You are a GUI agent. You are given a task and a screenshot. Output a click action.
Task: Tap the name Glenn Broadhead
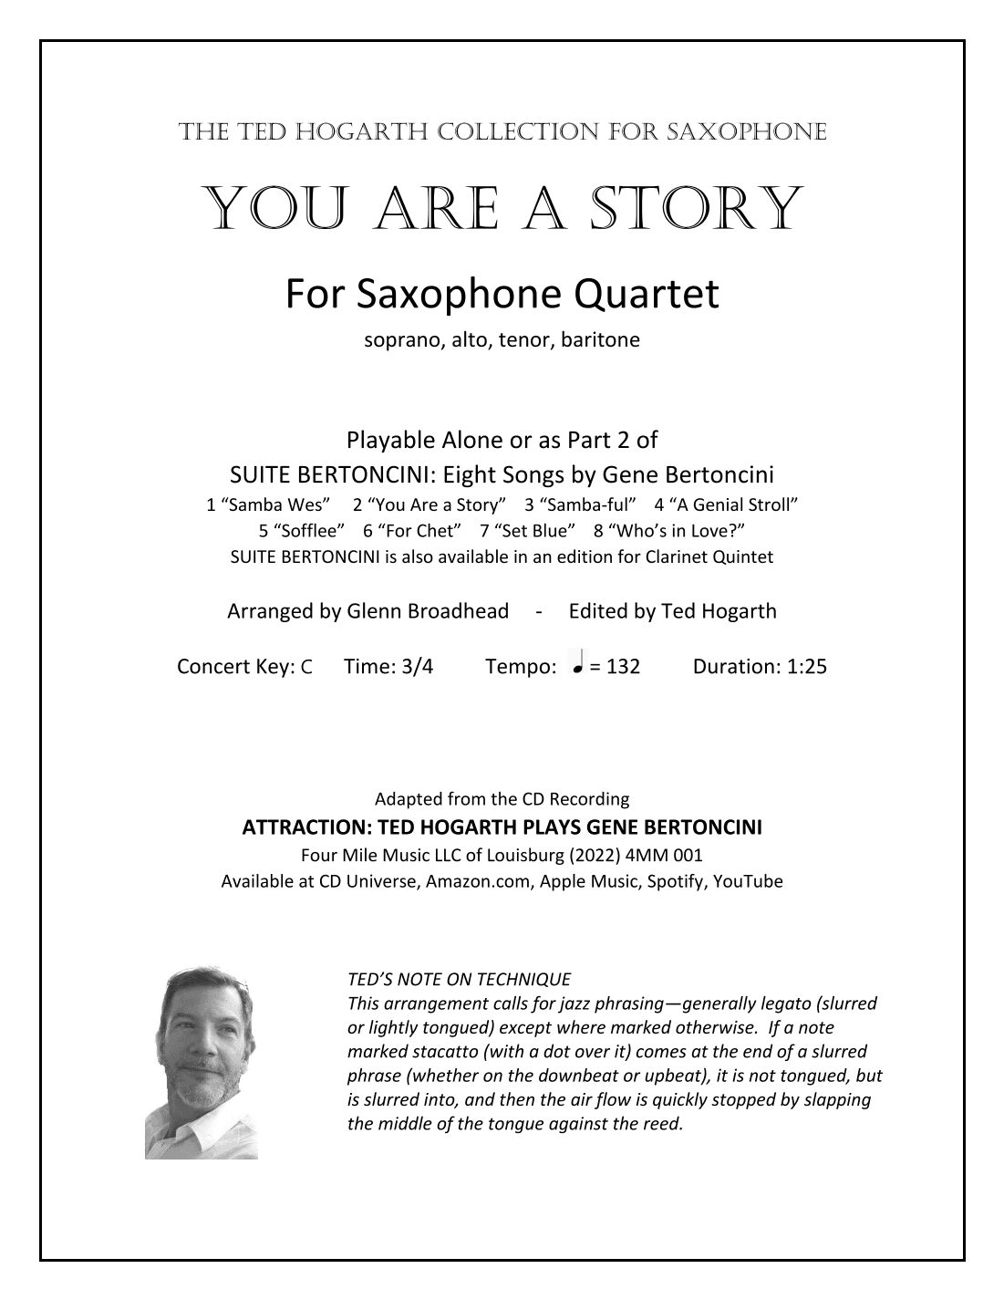coord(428,611)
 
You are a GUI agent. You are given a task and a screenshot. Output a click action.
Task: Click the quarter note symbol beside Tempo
coord(576,664)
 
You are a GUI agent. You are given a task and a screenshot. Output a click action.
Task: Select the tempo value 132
coord(622,667)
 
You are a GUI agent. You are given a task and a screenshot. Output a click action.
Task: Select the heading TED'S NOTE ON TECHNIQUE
coord(459,980)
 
